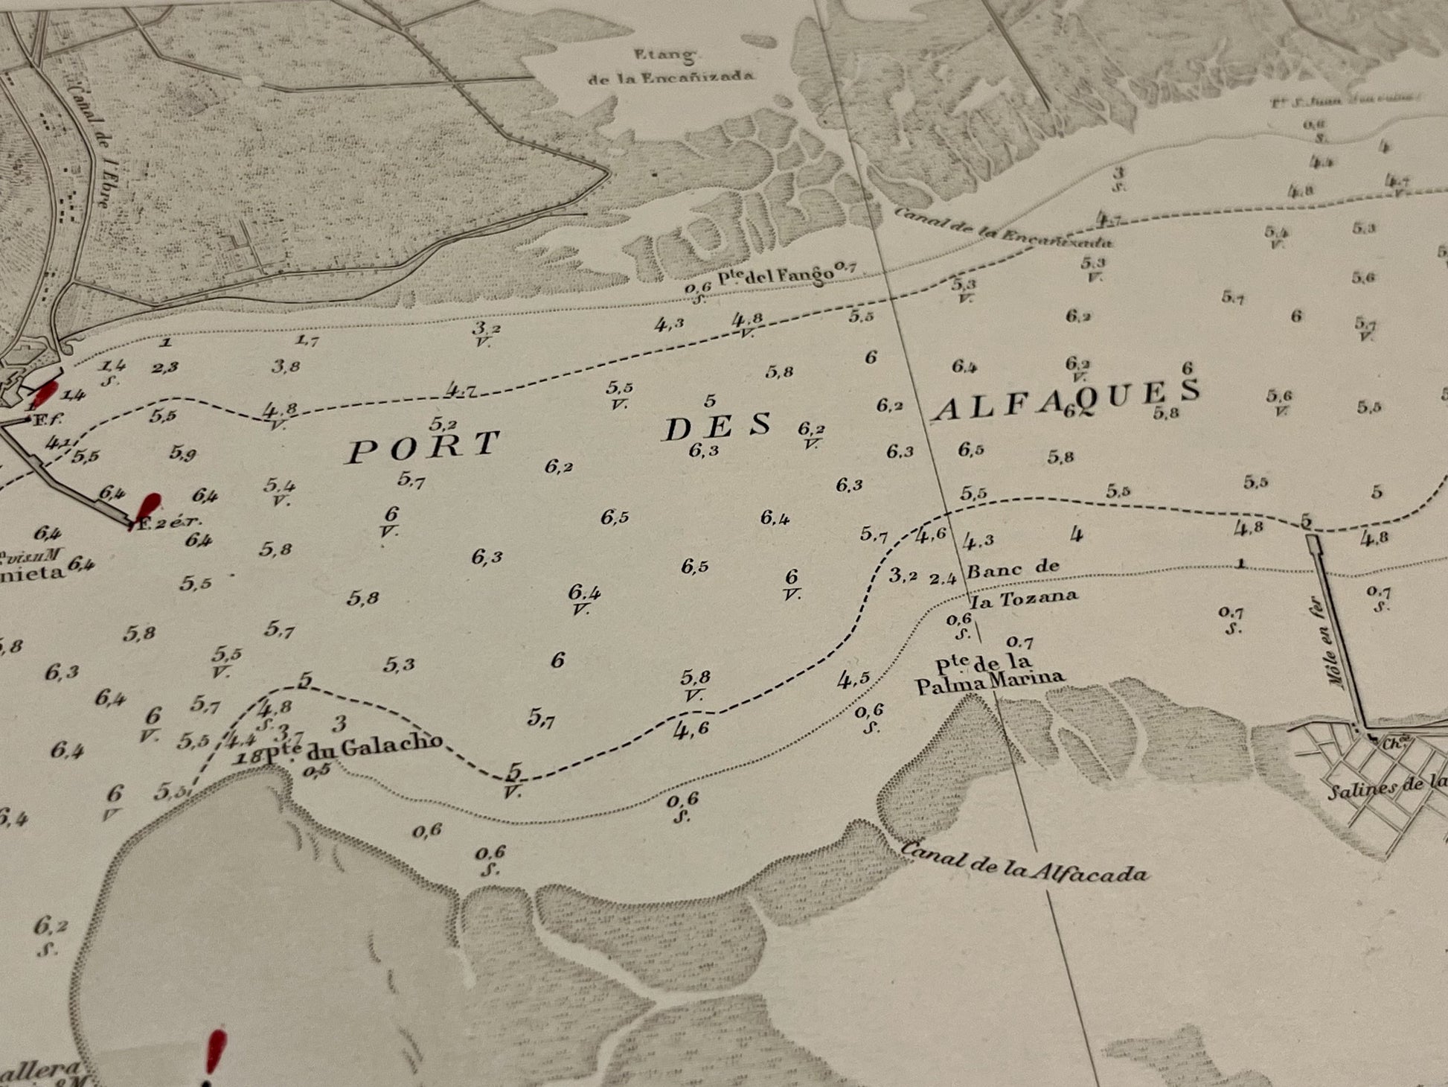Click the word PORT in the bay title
(423, 447)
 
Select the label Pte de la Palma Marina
(989, 672)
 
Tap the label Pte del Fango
(774, 275)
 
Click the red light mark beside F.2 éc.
(150, 506)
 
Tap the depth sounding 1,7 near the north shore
(307, 341)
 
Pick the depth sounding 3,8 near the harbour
(286, 366)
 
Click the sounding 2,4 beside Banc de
(942, 578)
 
